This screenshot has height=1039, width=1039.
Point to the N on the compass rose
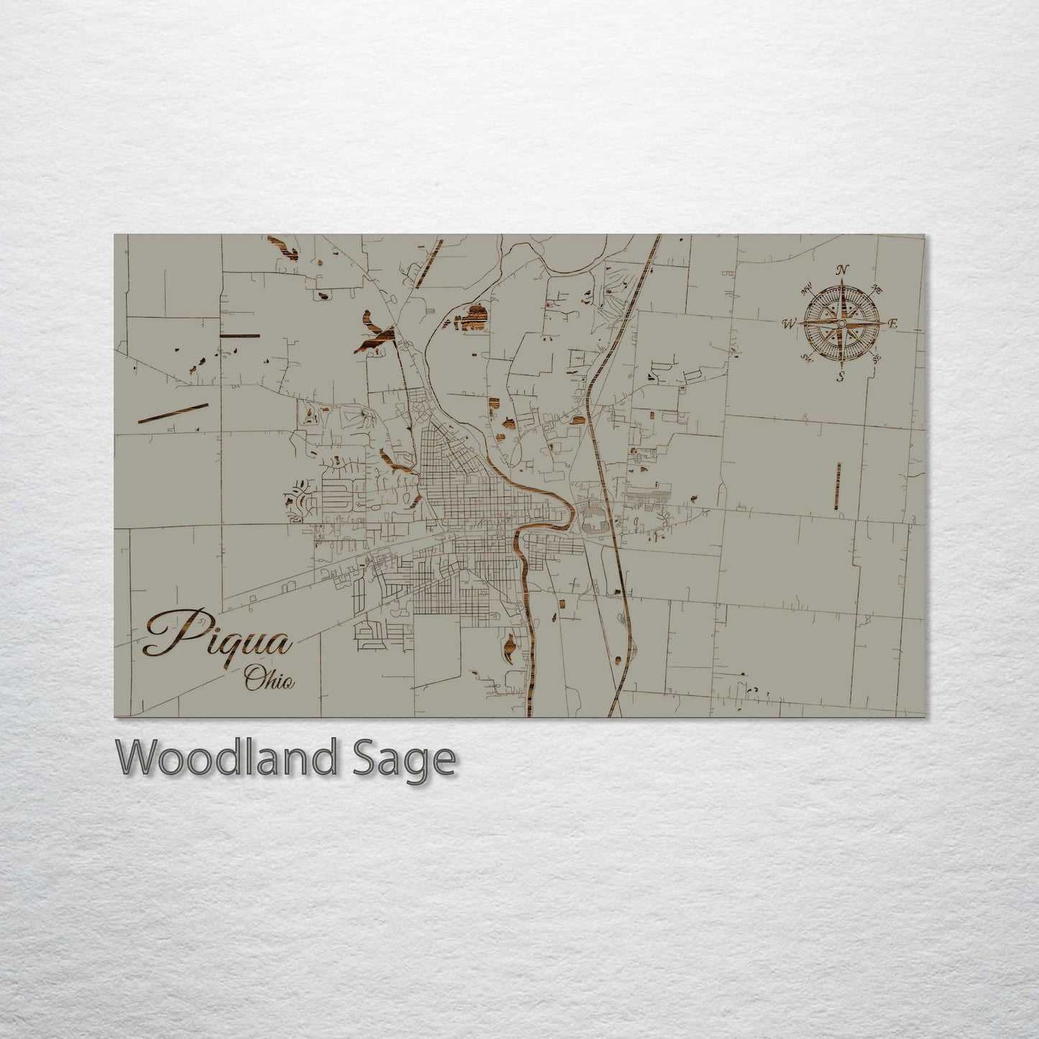(x=841, y=270)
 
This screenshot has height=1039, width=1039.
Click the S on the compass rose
(x=840, y=377)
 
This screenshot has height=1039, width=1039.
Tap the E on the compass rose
(x=893, y=324)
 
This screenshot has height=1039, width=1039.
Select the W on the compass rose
(x=788, y=324)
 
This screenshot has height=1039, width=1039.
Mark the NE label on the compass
(x=876, y=289)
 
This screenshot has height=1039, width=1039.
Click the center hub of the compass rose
(x=840, y=324)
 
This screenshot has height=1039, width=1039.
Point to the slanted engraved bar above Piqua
(x=173, y=413)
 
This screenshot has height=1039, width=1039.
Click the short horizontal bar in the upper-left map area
(x=239, y=336)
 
